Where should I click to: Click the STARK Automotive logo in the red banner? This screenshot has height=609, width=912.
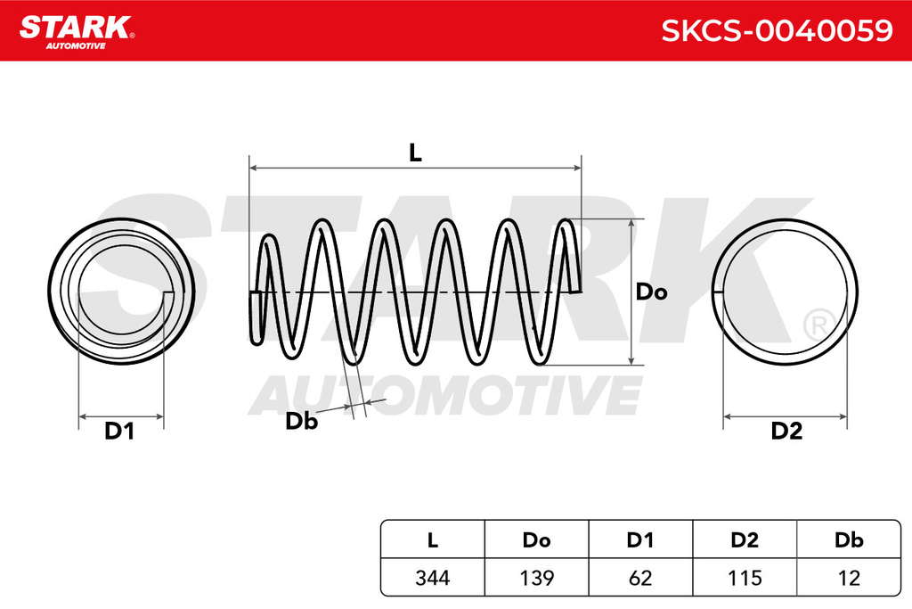point(77,31)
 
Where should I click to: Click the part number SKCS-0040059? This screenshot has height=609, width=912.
point(777,30)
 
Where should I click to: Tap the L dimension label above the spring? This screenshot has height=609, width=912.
point(415,153)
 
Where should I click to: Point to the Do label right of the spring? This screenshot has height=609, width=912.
point(651,292)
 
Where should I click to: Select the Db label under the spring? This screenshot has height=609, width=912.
point(301,421)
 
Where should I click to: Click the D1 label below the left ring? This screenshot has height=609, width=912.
point(119,431)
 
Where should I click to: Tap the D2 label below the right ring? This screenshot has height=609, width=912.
point(786,431)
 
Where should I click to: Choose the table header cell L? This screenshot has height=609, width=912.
point(432,540)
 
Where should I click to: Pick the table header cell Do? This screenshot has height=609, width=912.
point(536,540)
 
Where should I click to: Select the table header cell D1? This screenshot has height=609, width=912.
point(640,540)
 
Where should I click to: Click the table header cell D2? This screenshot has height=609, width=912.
point(745,540)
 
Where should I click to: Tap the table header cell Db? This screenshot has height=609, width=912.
point(849,540)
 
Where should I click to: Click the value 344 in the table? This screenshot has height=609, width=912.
point(433,578)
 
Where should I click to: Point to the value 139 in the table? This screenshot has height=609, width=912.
point(536,578)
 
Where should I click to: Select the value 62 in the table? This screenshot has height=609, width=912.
point(640,578)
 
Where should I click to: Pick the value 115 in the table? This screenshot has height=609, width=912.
point(745,578)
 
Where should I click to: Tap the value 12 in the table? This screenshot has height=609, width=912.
point(849,578)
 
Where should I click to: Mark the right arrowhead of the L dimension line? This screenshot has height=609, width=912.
point(577,169)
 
